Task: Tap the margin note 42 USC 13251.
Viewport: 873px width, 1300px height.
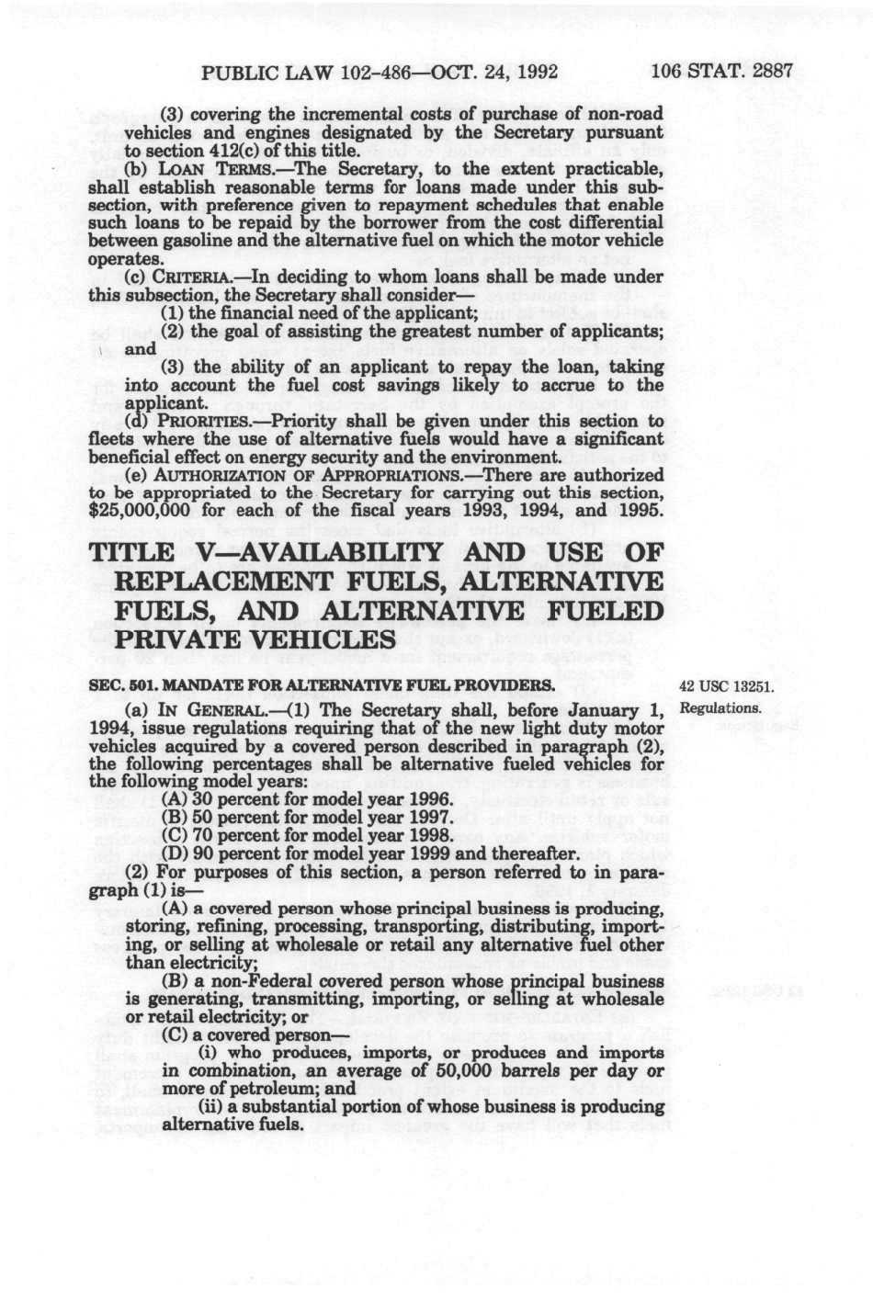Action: pyautogui.click(x=726, y=686)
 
